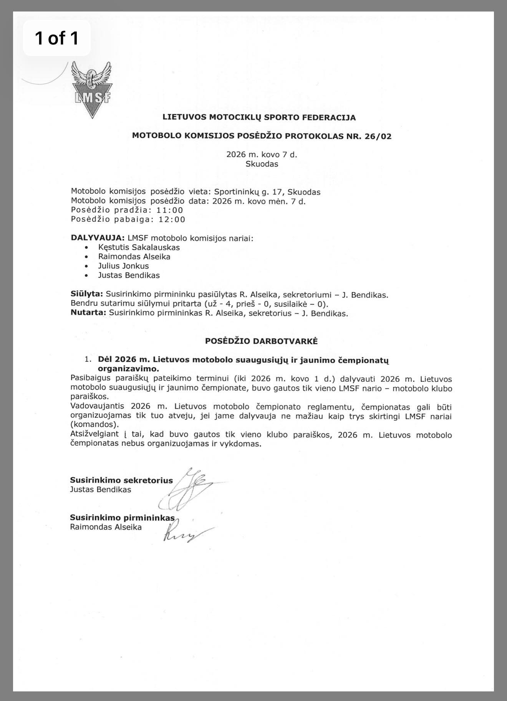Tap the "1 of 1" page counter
click(57, 38)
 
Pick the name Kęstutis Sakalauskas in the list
click(139, 247)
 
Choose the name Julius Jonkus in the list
click(123, 266)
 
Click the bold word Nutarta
click(88, 313)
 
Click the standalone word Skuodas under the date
click(262, 164)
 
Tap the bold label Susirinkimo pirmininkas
click(122, 518)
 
